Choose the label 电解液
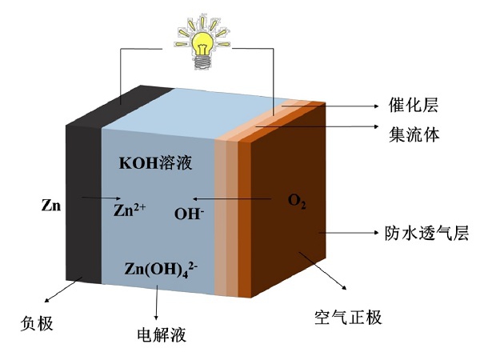(x=162, y=334)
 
